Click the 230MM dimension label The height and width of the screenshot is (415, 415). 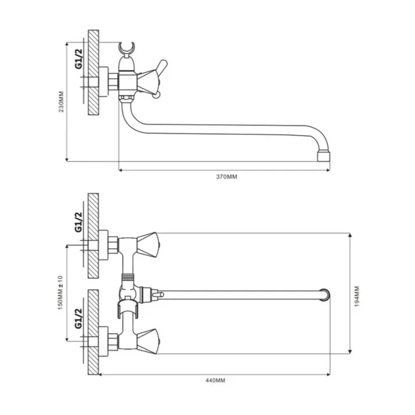[x=61, y=102]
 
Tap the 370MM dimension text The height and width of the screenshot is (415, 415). [x=227, y=176]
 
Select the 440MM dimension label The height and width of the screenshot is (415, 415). [x=215, y=381]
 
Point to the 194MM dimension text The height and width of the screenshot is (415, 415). [x=357, y=296]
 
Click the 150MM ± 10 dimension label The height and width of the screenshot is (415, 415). [x=60, y=292]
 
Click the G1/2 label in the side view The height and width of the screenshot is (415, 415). [x=78, y=59]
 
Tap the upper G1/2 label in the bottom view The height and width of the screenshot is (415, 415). [x=78, y=222]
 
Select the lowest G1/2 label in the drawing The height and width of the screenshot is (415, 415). [x=78, y=318]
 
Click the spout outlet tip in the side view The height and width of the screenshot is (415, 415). [x=323, y=156]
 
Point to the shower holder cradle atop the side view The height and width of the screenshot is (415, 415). [x=127, y=48]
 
